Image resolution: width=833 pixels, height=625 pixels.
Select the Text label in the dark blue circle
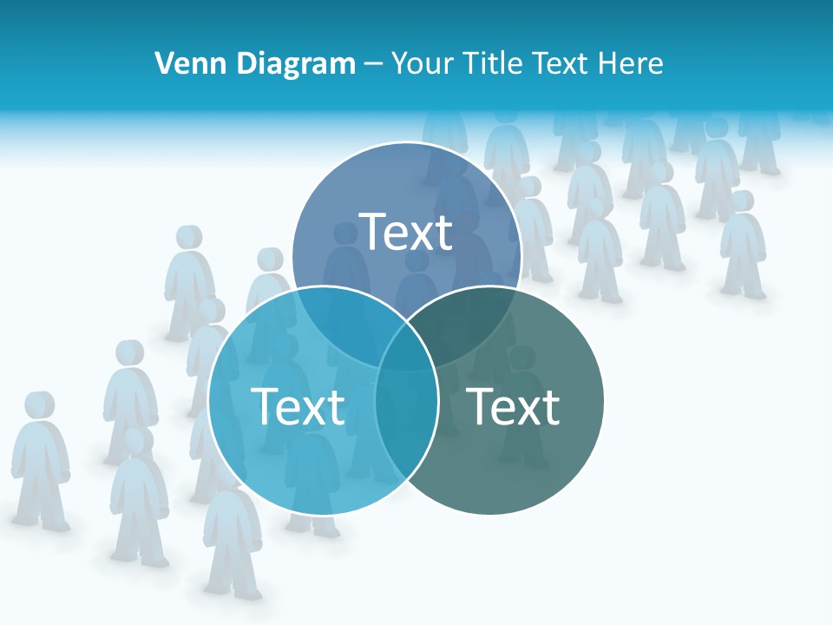[x=406, y=232]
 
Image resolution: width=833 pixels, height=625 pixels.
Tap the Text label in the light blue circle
[x=298, y=406]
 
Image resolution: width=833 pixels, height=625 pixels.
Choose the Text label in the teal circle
[x=514, y=406]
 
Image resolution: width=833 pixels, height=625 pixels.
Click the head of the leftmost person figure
[x=39, y=405]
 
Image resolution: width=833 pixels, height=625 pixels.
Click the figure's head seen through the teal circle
[x=521, y=358]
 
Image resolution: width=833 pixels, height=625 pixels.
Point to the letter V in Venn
[x=162, y=63]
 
